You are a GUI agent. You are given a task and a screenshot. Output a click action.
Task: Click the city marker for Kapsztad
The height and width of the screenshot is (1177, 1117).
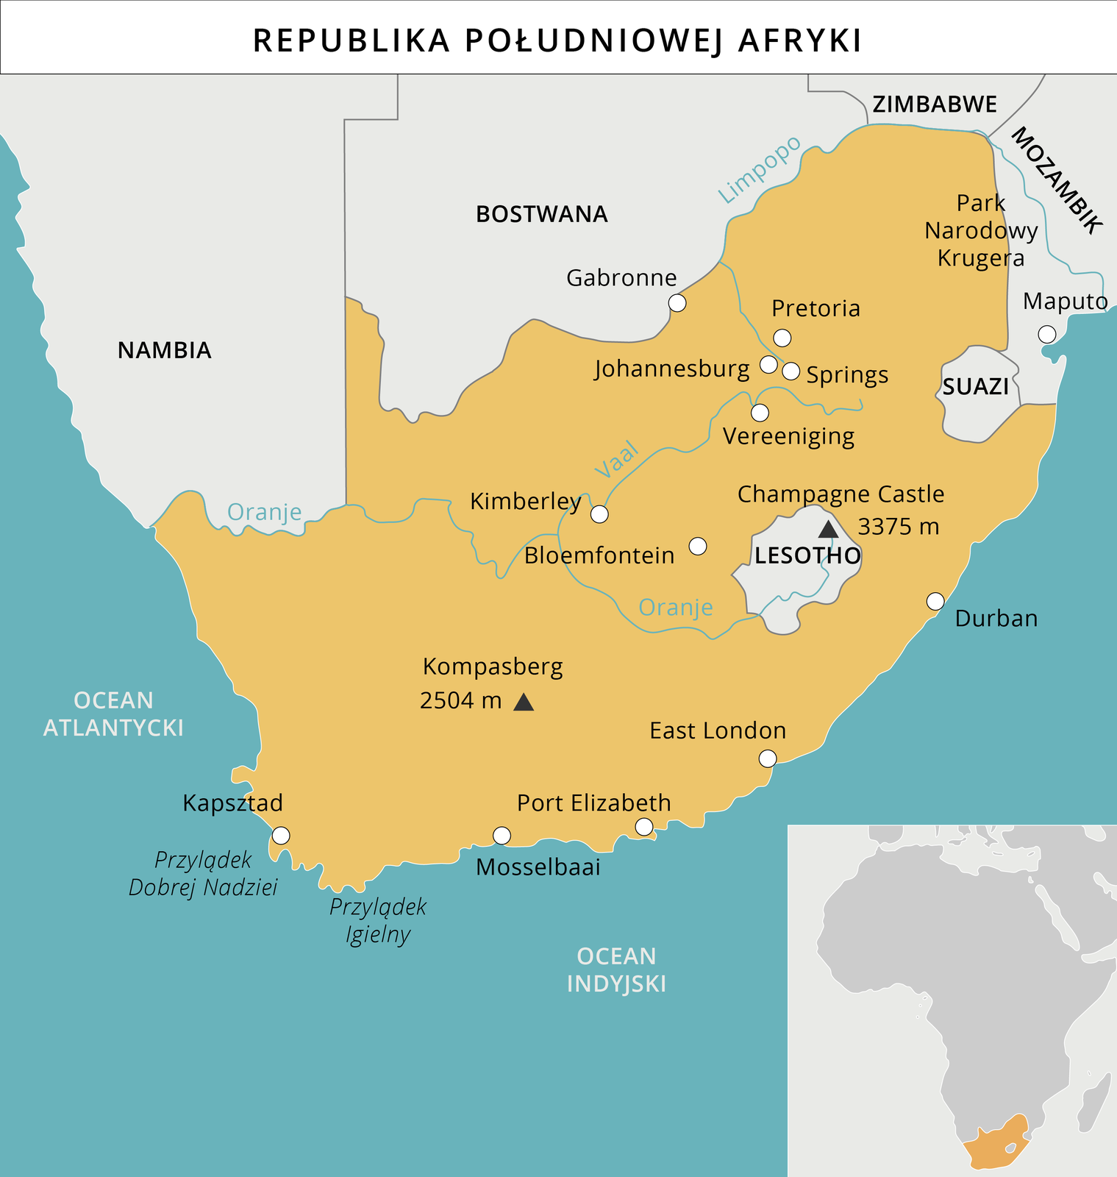coord(281,836)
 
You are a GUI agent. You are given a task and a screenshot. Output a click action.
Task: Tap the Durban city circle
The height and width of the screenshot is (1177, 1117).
coord(935,601)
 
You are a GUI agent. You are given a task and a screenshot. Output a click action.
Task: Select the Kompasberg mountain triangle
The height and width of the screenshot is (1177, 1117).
coord(524,703)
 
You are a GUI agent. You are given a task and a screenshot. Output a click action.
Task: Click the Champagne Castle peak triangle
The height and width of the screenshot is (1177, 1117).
coord(828,530)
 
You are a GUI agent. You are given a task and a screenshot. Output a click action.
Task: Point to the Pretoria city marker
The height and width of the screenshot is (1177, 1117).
coord(782,338)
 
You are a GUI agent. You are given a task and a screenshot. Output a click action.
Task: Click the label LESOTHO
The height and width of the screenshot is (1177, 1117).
coord(807,555)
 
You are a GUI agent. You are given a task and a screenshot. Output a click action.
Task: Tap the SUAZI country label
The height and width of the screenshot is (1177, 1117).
coord(975,387)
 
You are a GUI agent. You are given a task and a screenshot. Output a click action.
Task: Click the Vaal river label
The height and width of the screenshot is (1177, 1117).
coord(616,461)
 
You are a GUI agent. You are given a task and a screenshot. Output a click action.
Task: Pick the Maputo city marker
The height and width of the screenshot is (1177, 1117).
coord(1047,334)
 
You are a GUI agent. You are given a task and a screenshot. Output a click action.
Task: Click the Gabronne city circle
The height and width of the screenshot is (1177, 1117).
coord(677,302)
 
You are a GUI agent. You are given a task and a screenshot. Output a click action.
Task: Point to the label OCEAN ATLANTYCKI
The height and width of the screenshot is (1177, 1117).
coord(113,714)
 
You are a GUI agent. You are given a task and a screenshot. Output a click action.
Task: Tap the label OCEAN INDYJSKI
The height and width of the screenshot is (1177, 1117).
coord(616,970)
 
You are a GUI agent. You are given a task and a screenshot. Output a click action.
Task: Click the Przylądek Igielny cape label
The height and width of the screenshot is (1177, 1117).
coord(378,920)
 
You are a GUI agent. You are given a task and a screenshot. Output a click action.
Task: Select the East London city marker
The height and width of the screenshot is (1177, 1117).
coord(768,758)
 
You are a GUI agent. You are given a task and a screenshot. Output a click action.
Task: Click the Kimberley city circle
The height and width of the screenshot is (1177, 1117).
coord(600,514)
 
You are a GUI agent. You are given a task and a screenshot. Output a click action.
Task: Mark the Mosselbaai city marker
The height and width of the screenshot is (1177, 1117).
coord(502,835)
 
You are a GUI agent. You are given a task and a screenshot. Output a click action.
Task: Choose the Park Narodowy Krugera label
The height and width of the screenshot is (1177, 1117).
coord(980,230)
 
